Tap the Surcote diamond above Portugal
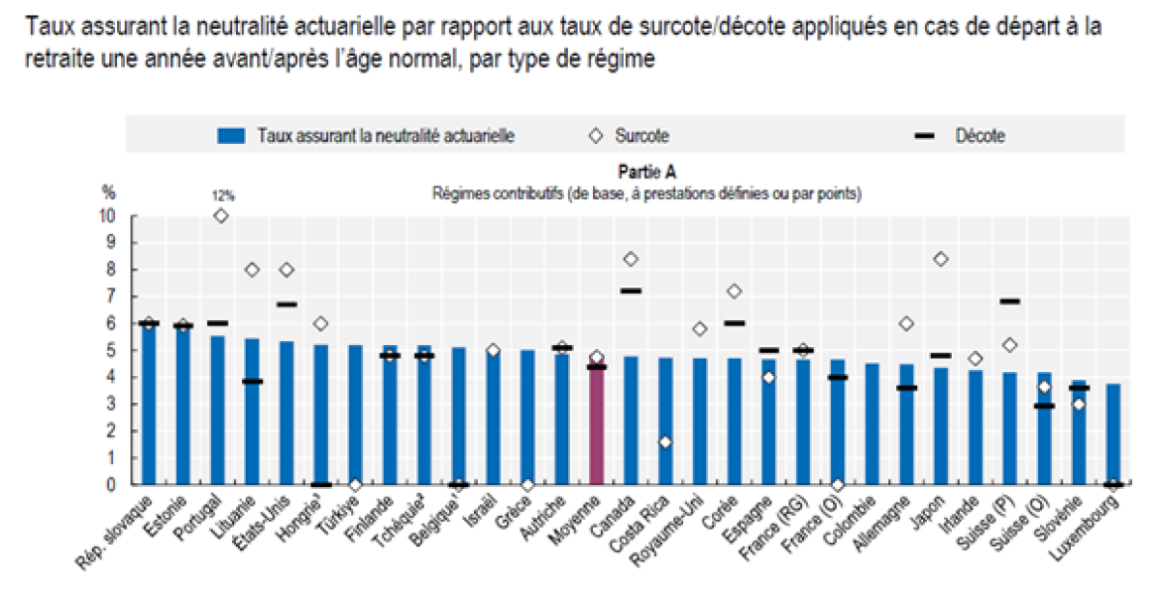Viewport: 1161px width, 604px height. tap(222, 216)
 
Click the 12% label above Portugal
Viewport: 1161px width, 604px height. tap(223, 195)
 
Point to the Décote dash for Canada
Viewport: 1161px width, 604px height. tap(631, 290)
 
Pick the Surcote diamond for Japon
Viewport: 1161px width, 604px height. tap(939, 258)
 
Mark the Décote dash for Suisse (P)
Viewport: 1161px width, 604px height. tap(1009, 301)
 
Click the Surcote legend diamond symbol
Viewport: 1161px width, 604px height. tap(597, 136)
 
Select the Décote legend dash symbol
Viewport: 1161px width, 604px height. tap(923, 136)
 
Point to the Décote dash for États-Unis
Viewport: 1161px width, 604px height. tap(285, 304)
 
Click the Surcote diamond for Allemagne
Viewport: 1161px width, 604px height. tap(906, 324)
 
